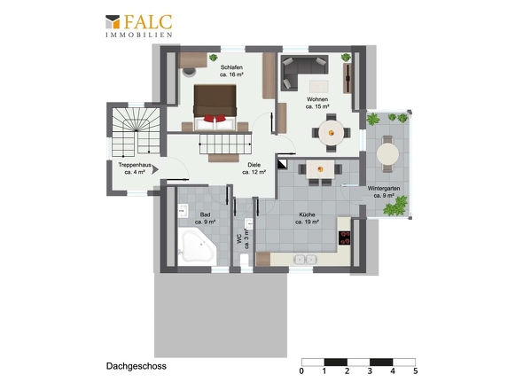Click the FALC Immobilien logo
139,26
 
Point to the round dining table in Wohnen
331,133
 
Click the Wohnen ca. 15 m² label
317,103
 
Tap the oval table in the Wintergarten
387,154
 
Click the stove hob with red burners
345,238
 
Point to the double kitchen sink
306,259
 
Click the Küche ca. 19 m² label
307,218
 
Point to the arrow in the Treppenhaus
155,170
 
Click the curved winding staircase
136,131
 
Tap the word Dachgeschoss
137,366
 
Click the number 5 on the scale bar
415,371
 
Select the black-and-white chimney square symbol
282,164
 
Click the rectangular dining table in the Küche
320,169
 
